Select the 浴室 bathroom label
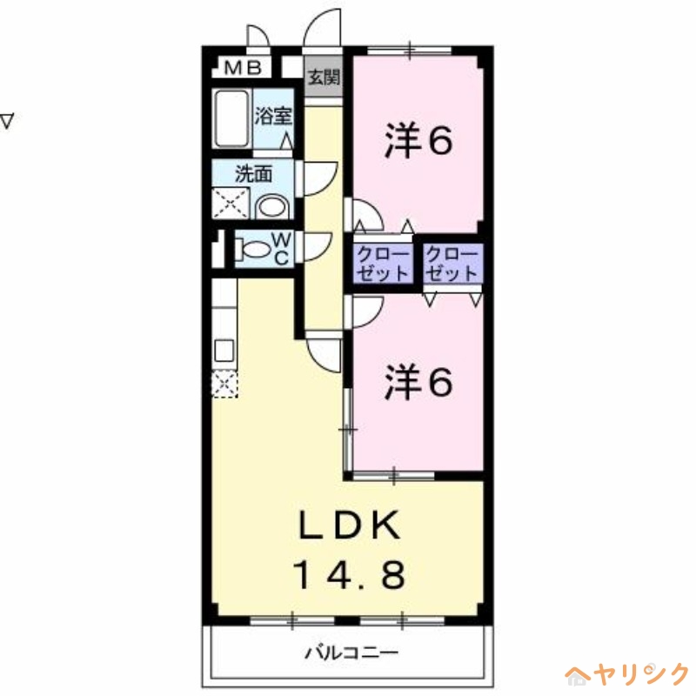272,116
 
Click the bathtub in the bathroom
232,118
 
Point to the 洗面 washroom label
253,173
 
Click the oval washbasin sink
272,206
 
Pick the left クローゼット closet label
382,263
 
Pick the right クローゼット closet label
452,263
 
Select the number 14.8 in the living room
349,574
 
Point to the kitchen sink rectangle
223,351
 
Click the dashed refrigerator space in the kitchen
224,383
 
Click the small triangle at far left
7,121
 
